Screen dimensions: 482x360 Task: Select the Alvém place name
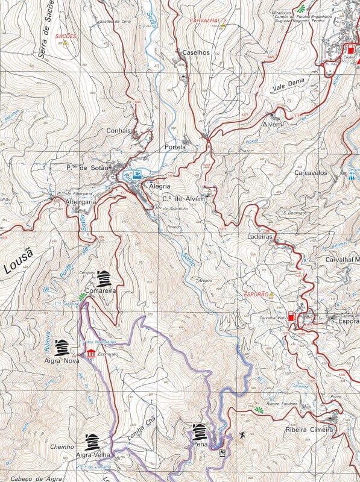pos(272,124)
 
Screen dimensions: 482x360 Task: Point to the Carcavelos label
pos(310,172)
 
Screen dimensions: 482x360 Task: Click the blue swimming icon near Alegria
pos(138,175)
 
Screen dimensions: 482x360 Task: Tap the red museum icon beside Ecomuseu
pos(90,353)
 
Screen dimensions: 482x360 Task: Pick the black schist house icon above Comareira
pos(104,278)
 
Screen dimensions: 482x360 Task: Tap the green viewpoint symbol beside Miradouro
pos(301,8)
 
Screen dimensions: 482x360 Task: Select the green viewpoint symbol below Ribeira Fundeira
pos(259,410)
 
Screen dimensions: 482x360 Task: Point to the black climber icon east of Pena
pos(242,435)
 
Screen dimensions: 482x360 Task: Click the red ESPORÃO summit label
pos(255,295)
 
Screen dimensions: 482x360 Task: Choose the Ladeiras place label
pos(260,237)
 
